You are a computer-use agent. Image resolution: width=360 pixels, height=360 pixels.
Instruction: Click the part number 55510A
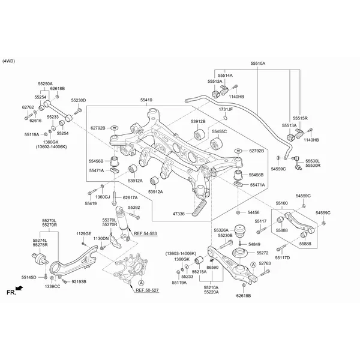tap(257, 63)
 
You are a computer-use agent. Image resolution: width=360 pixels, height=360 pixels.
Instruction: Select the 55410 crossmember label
tap(146, 100)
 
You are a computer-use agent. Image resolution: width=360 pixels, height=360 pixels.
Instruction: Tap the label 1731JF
tap(226, 109)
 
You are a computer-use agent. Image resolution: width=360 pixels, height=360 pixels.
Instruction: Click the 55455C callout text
tap(219, 131)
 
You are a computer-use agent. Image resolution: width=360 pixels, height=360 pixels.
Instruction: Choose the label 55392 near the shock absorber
tap(134, 207)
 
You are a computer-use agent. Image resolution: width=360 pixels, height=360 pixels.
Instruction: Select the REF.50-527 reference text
tap(147, 290)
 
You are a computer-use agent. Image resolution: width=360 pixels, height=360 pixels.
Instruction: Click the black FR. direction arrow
tap(20, 289)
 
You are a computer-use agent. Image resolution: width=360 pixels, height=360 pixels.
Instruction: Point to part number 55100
tap(281, 204)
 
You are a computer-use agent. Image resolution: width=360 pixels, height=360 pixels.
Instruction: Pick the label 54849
tap(254, 245)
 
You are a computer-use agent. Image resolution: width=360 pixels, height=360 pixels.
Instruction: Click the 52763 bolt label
tap(265, 263)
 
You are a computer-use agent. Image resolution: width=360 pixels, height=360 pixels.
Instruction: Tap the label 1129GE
tap(84, 233)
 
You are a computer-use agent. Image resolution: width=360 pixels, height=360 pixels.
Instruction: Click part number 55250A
tap(45, 84)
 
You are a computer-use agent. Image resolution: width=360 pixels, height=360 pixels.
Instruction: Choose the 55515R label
tap(300, 118)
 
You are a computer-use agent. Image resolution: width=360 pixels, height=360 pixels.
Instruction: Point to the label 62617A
tap(130, 197)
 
